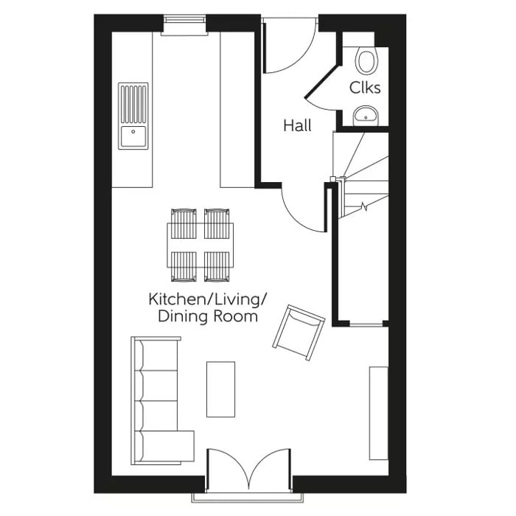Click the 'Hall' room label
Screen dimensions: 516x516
[x=297, y=126]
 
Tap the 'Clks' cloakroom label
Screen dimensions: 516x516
[x=365, y=88]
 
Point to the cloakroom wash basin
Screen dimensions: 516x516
[x=366, y=114]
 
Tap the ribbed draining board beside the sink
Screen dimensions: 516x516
[x=133, y=102]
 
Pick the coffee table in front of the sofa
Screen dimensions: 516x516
[x=220, y=388]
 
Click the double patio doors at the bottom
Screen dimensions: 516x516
[x=250, y=472]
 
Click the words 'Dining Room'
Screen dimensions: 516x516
[x=208, y=317]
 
